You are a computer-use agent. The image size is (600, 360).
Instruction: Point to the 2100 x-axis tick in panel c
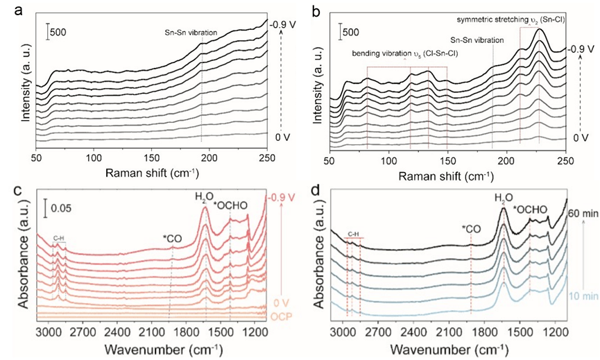coord(150,330)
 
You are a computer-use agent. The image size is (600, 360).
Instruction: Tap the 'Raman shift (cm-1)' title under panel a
coord(151,171)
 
